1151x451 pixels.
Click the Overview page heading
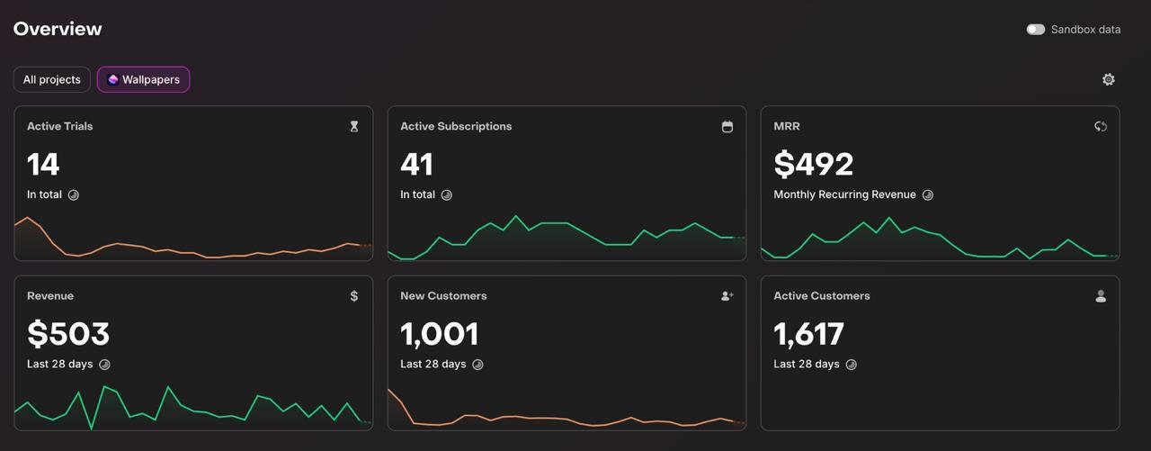pos(58,29)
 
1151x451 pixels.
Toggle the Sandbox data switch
pos(1036,30)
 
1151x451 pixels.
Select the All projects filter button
pos(52,79)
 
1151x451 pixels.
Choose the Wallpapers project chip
pos(144,79)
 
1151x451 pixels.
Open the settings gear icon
pos(1108,79)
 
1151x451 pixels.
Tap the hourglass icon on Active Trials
pos(354,127)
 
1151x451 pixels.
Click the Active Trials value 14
pos(43,164)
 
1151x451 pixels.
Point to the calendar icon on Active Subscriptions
pos(727,127)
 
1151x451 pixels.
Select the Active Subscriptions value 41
pos(416,164)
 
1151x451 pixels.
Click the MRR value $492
pos(813,164)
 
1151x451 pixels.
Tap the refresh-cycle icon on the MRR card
pos(1100,127)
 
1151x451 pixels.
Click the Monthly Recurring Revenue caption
pos(844,194)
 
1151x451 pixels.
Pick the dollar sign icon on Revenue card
pos(354,296)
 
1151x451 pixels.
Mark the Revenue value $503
pos(68,334)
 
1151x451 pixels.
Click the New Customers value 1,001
pos(439,334)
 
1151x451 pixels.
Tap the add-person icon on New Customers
pos(727,296)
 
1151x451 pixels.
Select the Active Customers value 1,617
pos(808,334)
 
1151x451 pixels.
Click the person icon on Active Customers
pos(1101,296)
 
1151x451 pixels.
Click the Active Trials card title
pos(59,126)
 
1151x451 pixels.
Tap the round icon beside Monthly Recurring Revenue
pos(928,195)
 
